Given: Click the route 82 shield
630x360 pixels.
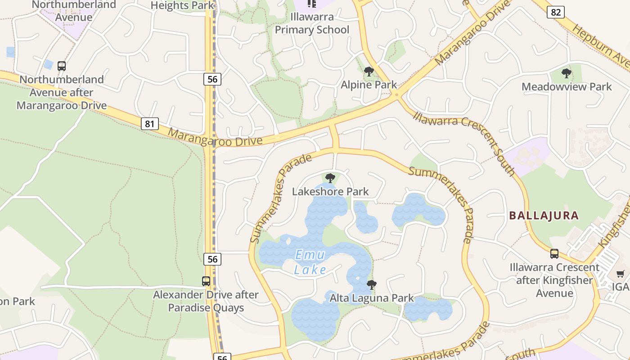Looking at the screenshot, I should [556, 12].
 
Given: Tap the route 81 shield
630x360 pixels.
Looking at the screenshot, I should [150, 123].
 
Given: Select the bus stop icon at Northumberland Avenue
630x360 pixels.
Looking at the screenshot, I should [62, 66].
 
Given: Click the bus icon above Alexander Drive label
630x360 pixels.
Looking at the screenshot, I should [206, 281].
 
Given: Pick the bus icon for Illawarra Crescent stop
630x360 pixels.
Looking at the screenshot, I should [554, 254].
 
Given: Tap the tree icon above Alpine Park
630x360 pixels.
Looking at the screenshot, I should [369, 72].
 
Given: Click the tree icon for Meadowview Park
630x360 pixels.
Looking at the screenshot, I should [567, 73].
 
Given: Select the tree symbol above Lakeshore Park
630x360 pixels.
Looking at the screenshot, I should [330, 178].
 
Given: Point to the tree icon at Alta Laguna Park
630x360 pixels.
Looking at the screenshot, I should [371, 284].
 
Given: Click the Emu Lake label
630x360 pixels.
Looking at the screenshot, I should [310, 262].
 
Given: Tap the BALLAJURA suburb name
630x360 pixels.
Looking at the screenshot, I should [544, 216].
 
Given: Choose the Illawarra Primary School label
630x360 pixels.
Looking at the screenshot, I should [312, 24].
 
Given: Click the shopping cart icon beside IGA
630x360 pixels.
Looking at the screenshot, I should [620, 274].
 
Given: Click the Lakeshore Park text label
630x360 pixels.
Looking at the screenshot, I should [330, 192].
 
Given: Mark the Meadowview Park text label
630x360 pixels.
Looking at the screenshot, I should [567, 87].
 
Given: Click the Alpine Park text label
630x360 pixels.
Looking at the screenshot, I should [369, 85].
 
